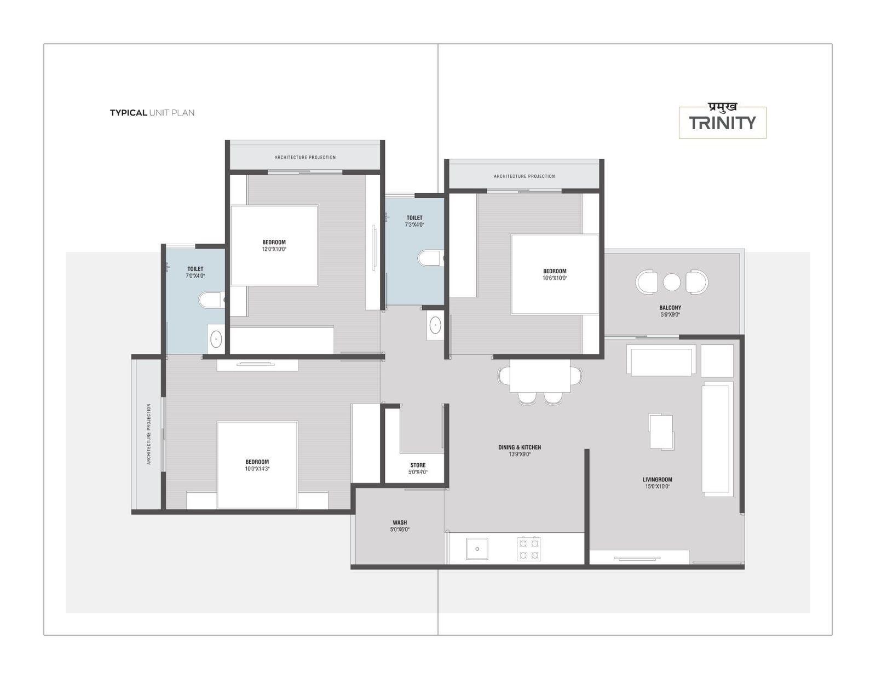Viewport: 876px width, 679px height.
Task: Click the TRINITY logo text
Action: pos(722,123)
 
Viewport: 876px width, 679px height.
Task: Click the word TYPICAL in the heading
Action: pos(128,113)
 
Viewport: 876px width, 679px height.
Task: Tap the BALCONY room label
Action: pos(670,308)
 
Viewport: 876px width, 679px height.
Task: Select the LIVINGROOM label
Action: pos(657,480)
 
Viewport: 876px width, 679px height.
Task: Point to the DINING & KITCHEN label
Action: pos(520,447)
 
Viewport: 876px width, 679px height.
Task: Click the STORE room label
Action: pos(418,465)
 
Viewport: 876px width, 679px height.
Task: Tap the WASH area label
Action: pos(400,522)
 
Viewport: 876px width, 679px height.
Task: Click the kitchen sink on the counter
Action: pos(477,549)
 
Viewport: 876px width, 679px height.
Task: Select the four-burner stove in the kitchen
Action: pos(529,549)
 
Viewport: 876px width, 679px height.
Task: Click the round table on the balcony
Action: pos(672,282)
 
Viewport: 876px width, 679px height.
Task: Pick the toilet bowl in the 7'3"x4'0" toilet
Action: pos(430,258)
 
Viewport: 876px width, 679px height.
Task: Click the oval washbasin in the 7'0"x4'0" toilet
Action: pos(216,339)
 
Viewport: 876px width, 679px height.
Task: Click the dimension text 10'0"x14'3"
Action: pos(257,469)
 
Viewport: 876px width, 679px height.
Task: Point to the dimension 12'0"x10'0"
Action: pos(274,249)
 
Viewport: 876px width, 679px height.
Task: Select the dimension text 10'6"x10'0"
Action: pos(555,278)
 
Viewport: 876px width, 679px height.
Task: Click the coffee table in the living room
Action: pos(661,431)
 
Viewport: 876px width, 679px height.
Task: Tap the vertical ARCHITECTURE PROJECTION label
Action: pos(149,434)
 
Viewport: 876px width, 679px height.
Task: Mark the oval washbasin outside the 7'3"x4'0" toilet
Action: pos(435,325)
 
